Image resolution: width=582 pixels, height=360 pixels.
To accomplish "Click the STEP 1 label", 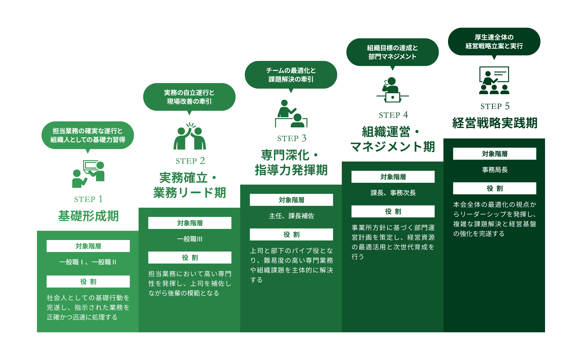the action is [88, 199].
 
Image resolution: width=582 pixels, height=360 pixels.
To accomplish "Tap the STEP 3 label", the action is [292, 138].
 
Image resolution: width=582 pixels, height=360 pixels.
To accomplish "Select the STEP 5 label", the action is [495, 106].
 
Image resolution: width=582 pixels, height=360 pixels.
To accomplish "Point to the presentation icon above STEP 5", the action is [494, 80].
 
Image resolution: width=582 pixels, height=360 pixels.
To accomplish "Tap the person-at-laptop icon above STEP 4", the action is [393, 90].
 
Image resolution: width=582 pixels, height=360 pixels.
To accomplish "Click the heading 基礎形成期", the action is [88, 216].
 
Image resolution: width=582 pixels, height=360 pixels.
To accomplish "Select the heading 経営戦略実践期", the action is [495, 123].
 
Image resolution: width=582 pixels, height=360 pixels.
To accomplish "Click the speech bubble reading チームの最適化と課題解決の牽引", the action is [291, 75].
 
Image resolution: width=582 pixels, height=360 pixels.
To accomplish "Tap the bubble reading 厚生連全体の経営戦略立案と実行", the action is [494, 42].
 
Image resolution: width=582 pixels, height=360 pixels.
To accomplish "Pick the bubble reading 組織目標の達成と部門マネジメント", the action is [393, 52].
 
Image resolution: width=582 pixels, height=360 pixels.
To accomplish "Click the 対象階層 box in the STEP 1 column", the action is [88, 246].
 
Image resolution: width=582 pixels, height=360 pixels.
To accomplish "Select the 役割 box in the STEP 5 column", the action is [495, 188].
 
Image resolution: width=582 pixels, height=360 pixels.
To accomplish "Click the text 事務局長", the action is [495, 170].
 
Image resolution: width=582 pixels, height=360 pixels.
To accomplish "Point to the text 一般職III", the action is [190, 239].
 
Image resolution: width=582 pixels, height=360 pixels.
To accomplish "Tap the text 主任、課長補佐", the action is [292, 216].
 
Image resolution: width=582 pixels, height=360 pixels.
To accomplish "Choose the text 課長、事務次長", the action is [393, 193].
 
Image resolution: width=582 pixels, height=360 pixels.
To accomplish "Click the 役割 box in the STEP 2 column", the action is [190, 258].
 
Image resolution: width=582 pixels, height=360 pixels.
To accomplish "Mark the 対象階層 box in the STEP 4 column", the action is [393, 177].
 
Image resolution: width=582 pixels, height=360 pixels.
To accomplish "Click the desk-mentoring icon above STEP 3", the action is [291, 114].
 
